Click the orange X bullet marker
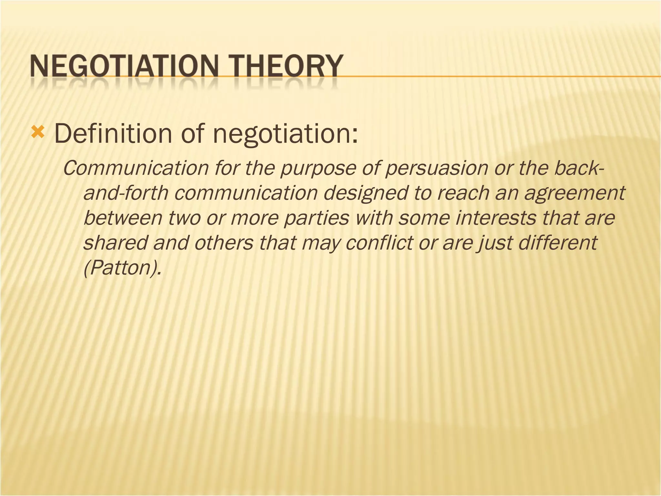[x=37, y=132]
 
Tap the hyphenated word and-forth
[x=126, y=193]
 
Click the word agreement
[x=575, y=193]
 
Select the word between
[x=123, y=218]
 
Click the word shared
[x=115, y=243]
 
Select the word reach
[x=462, y=193]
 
